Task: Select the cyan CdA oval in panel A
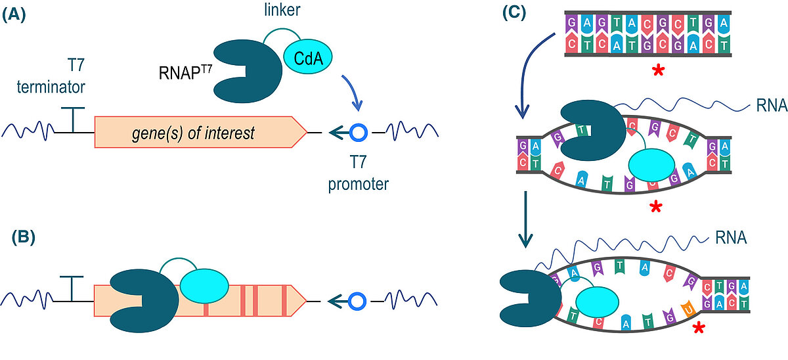pyautogui.click(x=308, y=58)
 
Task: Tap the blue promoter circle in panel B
pyautogui.click(x=357, y=301)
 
